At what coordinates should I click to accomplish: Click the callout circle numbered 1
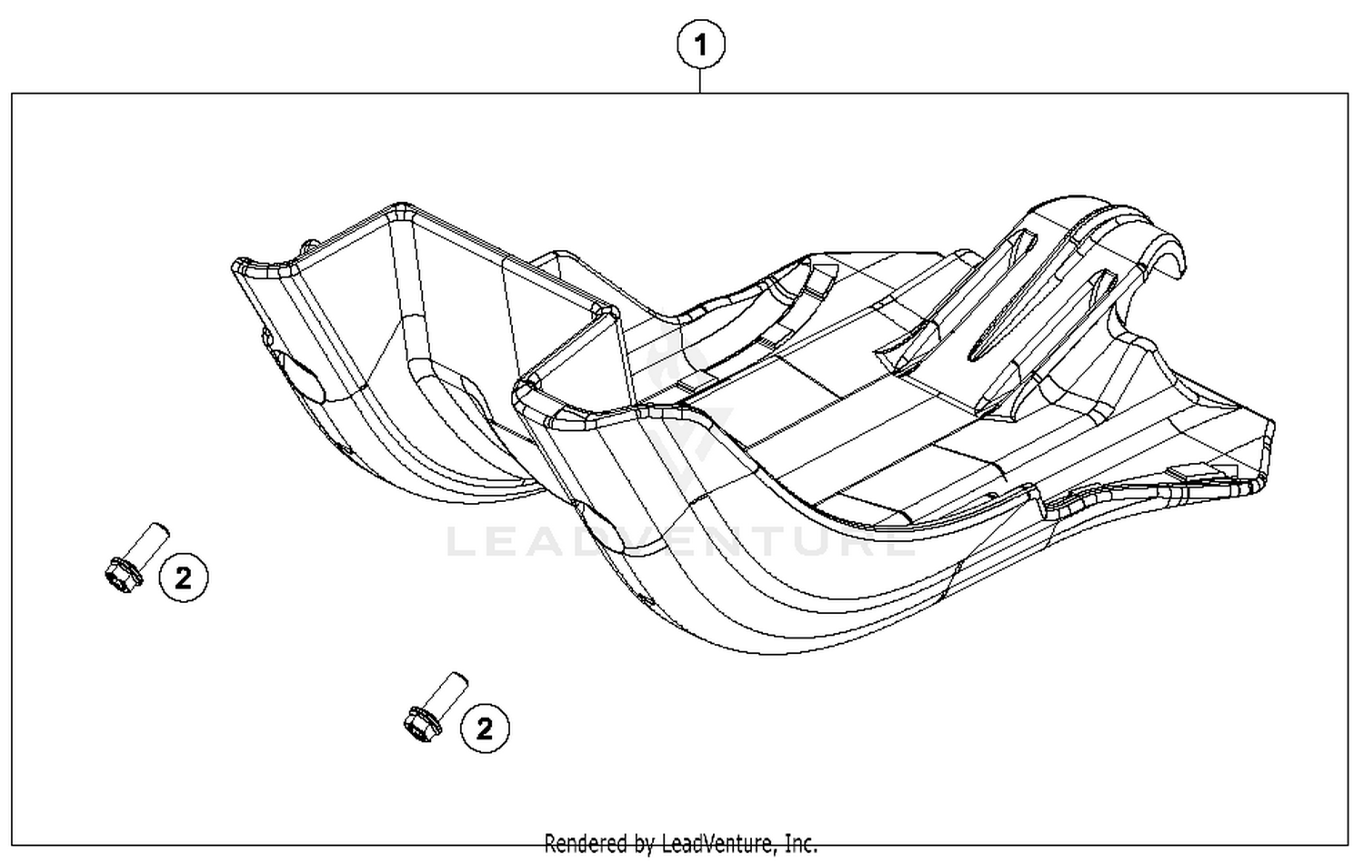point(700,45)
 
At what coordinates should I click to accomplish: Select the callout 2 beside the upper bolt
point(183,577)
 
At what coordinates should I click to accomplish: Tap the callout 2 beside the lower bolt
point(484,728)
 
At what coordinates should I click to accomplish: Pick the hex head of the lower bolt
point(420,723)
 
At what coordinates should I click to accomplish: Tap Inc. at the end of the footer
point(800,843)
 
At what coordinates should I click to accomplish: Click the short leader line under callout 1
point(700,81)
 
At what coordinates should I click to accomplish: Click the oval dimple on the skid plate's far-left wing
point(301,377)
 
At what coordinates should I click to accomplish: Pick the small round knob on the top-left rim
point(310,245)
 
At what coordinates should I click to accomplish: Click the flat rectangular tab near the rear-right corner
point(1200,472)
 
